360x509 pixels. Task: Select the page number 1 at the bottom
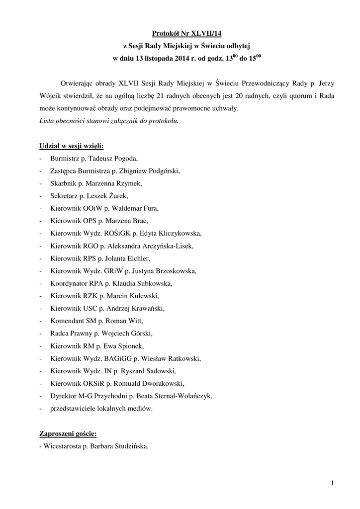(x=332, y=482)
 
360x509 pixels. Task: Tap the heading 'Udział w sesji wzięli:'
(x=72, y=146)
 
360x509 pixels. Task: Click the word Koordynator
(x=69, y=283)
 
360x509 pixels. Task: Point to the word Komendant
(x=67, y=321)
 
